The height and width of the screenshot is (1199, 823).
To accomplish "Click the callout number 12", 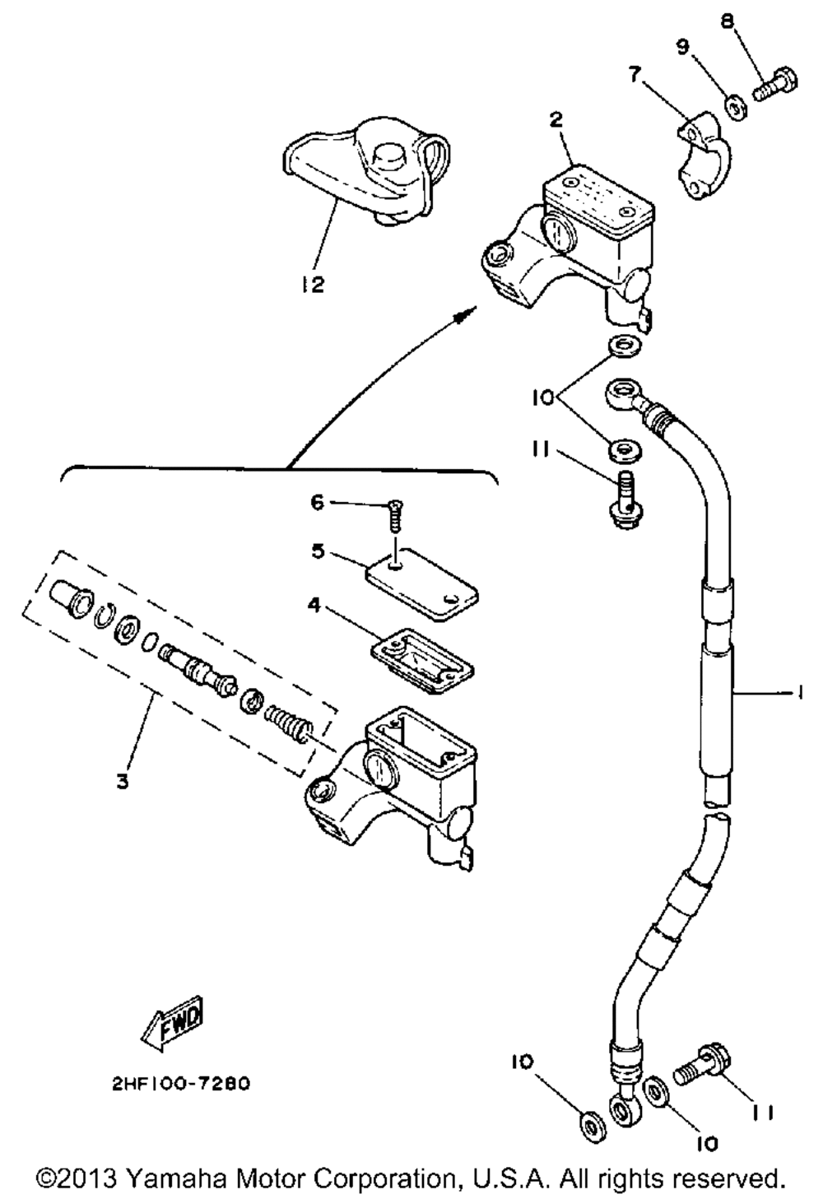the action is [312, 284].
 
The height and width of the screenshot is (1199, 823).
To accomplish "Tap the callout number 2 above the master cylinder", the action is [556, 120].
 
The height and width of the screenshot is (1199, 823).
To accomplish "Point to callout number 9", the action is [683, 48].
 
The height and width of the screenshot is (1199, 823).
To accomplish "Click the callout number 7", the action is [635, 75].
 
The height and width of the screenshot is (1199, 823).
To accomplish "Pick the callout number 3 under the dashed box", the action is [123, 782].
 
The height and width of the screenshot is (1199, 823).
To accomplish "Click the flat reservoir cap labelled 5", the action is [422, 584].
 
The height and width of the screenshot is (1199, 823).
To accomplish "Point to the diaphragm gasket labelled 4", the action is [422, 661].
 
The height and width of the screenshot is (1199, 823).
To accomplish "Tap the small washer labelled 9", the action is [737, 109].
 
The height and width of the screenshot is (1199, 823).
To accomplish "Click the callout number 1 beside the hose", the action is [799, 693].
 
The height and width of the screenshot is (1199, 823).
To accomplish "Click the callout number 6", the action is [318, 503].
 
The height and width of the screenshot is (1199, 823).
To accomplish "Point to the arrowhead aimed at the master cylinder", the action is [465, 314].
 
